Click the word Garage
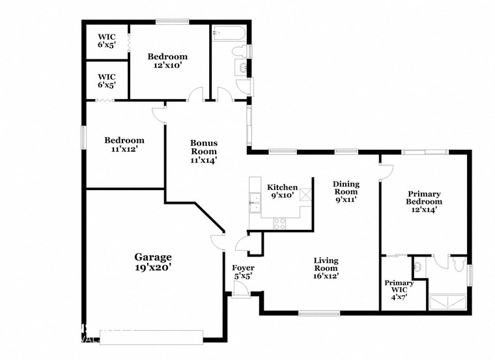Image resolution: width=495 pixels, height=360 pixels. click(x=153, y=256)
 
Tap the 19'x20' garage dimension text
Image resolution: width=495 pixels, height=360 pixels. click(x=153, y=267)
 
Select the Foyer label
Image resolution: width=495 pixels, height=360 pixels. click(x=244, y=268)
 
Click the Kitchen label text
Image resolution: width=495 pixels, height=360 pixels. click(x=283, y=187)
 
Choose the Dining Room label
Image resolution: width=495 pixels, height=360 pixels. click(x=346, y=188)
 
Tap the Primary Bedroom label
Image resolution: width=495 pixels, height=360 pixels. click(x=424, y=198)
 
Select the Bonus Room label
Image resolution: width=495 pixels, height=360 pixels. click(x=203, y=147)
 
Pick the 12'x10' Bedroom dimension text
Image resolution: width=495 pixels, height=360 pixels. click(x=167, y=66)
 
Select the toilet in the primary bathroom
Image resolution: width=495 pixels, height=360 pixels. click(x=459, y=264)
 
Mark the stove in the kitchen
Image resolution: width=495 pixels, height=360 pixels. click(x=280, y=223)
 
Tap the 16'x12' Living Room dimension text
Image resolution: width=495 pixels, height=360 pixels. click(x=326, y=275)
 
